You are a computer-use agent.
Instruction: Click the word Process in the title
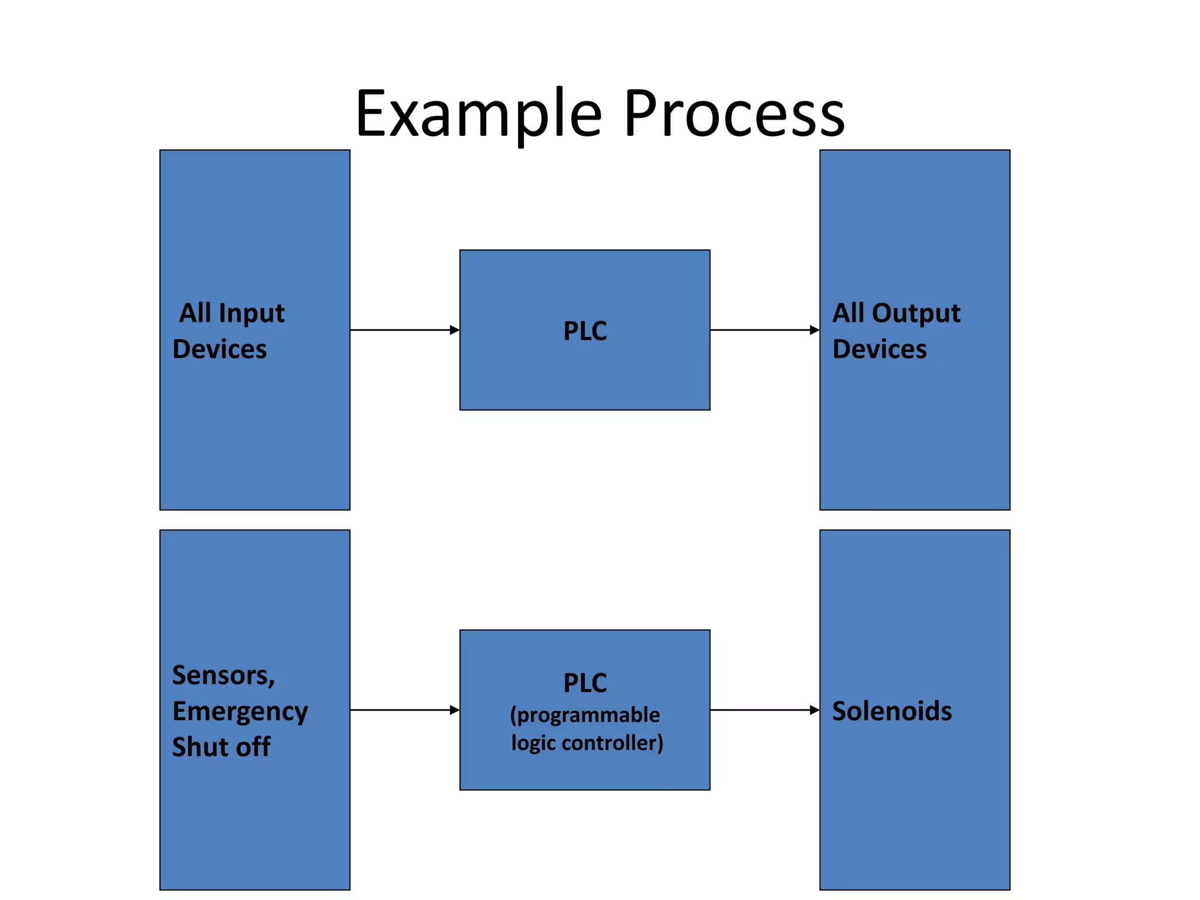(734, 114)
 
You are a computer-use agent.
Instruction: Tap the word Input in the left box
(251, 313)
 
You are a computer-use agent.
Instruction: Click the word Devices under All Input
(220, 349)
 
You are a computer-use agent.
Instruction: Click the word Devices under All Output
(879, 349)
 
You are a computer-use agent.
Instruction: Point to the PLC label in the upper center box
(585, 331)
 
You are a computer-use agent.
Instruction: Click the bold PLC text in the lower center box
(585, 683)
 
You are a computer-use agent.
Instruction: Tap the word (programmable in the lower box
(585, 715)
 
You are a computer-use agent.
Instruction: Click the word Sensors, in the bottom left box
(223, 676)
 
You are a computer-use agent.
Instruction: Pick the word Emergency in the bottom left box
(240, 712)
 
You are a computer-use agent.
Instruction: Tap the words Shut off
(221, 747)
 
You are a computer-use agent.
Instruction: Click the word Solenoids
(892, 711)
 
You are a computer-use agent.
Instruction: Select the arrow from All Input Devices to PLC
(404, 330)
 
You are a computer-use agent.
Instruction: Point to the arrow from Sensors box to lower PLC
(404, 710)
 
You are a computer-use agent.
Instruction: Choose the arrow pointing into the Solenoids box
(765, 710)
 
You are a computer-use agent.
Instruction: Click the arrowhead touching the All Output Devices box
(814, 330)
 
